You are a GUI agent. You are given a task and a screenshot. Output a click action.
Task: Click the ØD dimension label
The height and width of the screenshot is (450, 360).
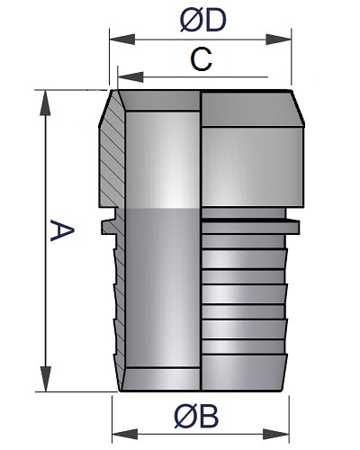pyautogui.click(x=202, y=21)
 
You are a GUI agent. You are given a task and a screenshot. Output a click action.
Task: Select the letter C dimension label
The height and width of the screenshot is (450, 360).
pyautogui.click(x=201, y=60)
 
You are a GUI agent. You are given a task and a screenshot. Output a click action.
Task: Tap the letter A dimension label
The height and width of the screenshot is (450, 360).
pyautogui.click(x=62, y=230)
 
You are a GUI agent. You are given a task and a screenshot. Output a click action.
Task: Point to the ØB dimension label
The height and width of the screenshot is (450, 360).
pyautogui.click(x=196, y=417)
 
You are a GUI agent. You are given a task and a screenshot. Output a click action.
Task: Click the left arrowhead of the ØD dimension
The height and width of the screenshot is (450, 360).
pyautogui.click(x=122, y=40)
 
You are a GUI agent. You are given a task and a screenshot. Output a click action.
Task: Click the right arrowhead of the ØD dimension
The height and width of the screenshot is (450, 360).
pyautogui.click(x=279, y=40)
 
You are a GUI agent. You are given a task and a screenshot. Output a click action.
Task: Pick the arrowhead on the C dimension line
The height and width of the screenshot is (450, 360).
pyautogui.click(x=130, y=77)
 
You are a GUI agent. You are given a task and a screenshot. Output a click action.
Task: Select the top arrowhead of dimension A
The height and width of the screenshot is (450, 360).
pyautogui.click(x=45, y=103)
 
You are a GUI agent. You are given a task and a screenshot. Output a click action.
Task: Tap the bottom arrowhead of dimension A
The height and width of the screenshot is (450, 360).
pyautogui.click(x=45, y=379)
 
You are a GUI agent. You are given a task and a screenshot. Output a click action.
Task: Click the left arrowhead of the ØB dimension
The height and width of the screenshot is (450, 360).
pyautogui.click(x=125, y=434)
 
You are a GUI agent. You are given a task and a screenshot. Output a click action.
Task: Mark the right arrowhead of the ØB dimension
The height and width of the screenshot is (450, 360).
pyautogui.click(x=276, y=434)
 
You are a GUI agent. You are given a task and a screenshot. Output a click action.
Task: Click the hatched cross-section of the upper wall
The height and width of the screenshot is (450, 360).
pyautogui.click(x=112, y=156)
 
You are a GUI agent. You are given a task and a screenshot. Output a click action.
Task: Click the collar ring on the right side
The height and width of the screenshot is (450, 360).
pyautogui.click(x=250, y=227)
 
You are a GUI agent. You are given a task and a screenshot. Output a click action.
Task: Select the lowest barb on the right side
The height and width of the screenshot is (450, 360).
pyautogui.click(x=244, y=373)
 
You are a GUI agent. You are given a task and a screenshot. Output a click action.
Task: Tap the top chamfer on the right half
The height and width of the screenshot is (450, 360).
pyautogui.click(x=253, y=109)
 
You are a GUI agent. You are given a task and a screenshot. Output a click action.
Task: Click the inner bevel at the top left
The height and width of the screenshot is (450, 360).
pyautogui.click(x=159, y=101)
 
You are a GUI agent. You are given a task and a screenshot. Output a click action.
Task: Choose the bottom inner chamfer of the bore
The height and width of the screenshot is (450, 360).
pyautogui.click(x=160, y=379)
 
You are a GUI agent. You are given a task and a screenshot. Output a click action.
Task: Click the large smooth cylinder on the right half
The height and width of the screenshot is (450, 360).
pyautogui.click(x=253, y=166)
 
